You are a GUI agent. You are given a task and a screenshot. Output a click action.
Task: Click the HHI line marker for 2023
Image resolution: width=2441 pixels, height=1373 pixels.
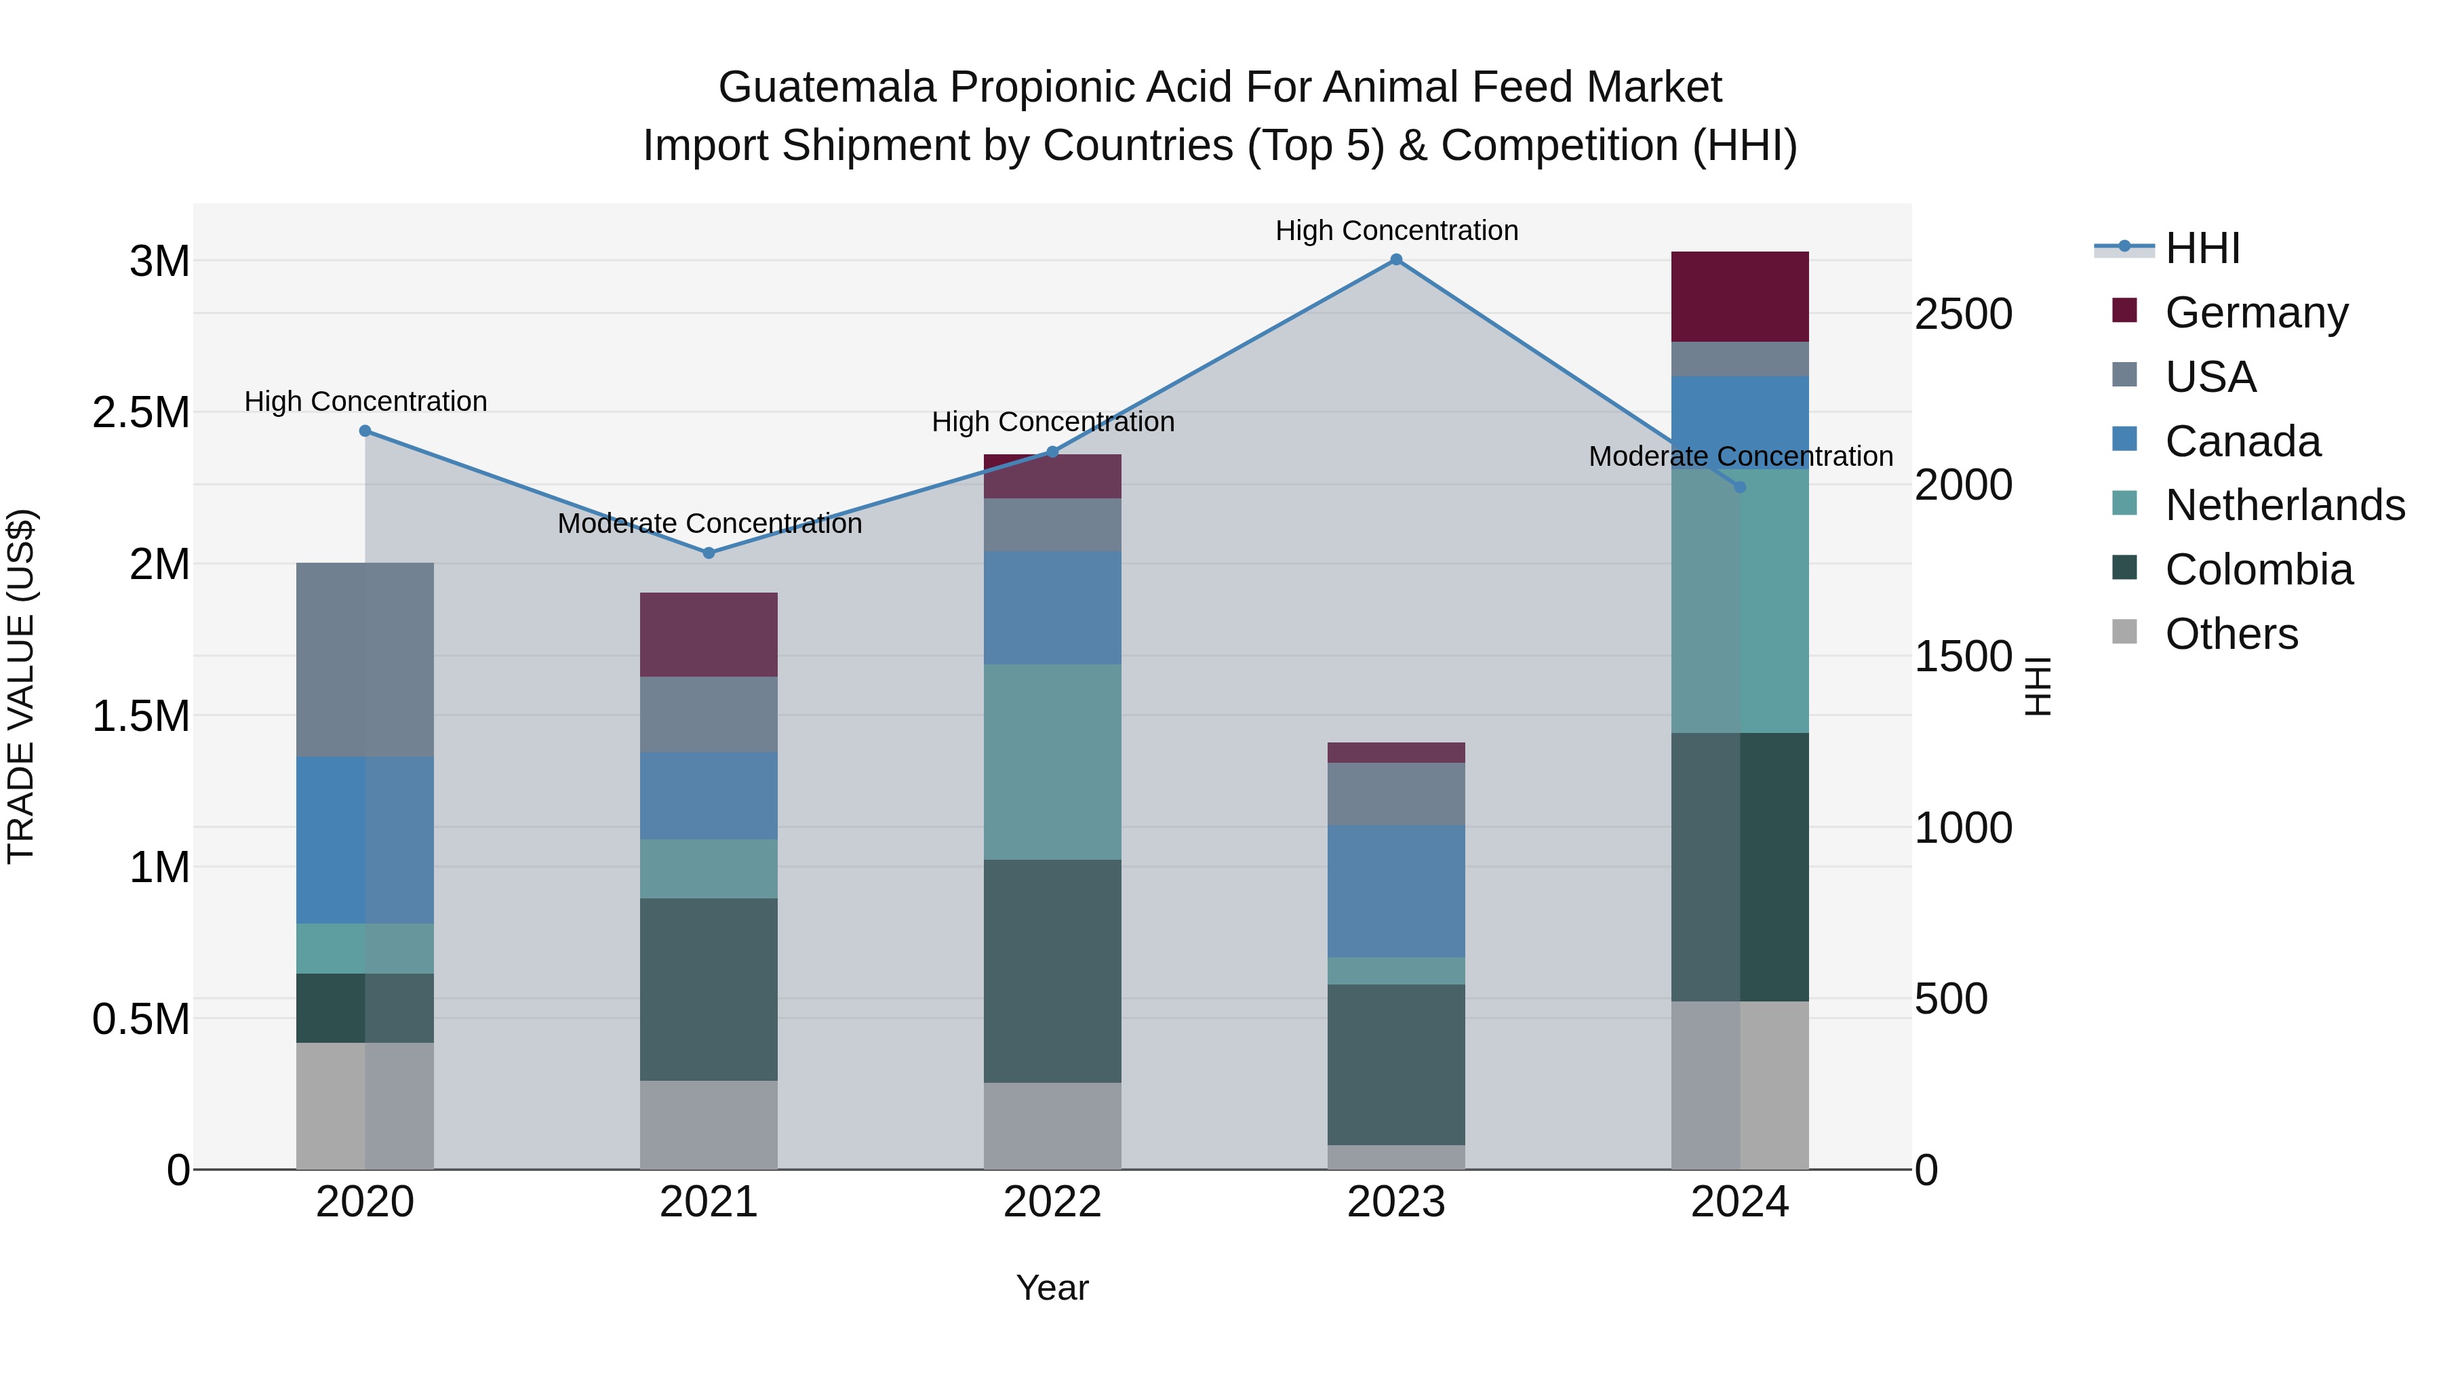pyautogui.click(x=1396, y=260)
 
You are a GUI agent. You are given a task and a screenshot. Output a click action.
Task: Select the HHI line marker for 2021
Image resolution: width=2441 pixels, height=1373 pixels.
pyautogui.click(x=709, y=553)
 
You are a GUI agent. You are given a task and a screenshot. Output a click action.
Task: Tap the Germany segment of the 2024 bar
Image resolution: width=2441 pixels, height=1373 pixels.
pyautogui.click(x=1740, y=296)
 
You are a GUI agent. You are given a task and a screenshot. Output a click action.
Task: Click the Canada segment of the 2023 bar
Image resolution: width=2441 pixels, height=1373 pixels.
pyautogui.click(x=1396, y=891)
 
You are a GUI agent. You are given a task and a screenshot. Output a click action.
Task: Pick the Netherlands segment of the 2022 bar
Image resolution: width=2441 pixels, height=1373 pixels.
pyautogui.click(x=1052, y=762)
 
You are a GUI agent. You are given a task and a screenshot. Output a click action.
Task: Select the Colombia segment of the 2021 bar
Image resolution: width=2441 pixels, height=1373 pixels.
pyautogui.click(x=709, y=989)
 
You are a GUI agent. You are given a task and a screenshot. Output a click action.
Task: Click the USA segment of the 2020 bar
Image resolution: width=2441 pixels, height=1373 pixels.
pyautogui.click(x=365, y=660)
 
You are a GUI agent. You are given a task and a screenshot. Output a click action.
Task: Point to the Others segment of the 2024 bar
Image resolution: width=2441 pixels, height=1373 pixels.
pyautogui.click(x=1740, y=1085)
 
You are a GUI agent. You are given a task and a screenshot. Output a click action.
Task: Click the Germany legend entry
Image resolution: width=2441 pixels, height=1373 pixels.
pyautogui.click(x=2255, y=313)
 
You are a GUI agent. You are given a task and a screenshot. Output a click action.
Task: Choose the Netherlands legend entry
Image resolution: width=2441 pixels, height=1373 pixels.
pyautogui.click(x=2284, y=505)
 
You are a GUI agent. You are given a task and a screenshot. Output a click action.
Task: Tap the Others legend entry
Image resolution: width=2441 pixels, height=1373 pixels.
pyautogui.click(x=2231, y=634)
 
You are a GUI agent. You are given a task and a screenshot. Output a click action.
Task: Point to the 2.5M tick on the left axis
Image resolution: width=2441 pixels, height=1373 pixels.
pyautogui.click(x=141, y=413)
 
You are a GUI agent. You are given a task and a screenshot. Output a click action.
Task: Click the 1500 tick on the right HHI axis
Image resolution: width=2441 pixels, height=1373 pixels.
pyautogui.click(x=1962, y=656)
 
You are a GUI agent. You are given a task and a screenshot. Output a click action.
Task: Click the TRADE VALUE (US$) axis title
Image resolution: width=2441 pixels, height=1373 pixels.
pyautogui.click(x=22, y=686)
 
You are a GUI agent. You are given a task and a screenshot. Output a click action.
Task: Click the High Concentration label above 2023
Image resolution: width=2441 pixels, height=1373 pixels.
pyautogui.click(x=1396, y=231)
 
